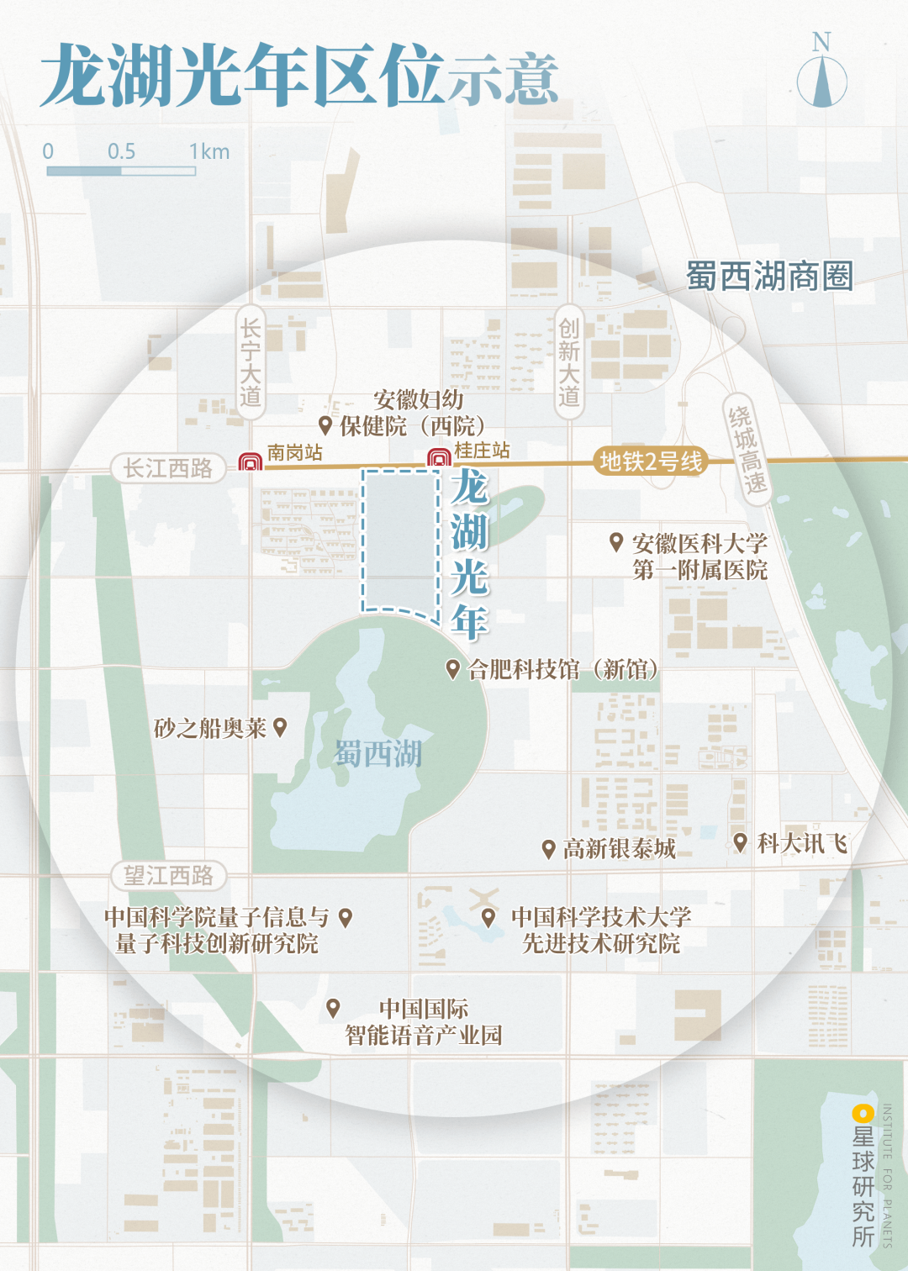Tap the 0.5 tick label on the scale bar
point(121,151)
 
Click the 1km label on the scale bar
point(209,151)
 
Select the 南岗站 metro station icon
point(250,461)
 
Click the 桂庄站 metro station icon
point(438,458)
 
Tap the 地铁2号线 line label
point(651,461)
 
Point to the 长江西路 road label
point(168,468)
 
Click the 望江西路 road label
point(168,876)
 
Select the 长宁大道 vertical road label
point(251,362)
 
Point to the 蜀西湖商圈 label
point(769,276)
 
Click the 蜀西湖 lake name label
point(378,754)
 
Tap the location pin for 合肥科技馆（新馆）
point(452,669)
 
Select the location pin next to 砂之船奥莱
point(280,727)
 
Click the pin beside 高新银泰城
point(548,848)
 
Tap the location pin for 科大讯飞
point(740,841)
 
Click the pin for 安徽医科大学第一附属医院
point(616,542)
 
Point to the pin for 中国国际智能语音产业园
point(333,1007)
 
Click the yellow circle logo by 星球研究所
point(863,1114)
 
